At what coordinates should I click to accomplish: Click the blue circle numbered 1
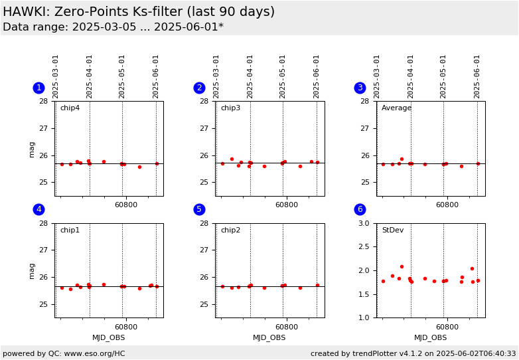coord(38,88)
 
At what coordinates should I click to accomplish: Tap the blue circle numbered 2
coord(199,88)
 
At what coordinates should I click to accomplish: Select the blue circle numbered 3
coord(360,88)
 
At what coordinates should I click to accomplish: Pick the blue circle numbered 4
coord(38,209)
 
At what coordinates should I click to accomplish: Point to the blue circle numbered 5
coord(199,209)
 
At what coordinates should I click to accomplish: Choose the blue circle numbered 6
coord(360,209)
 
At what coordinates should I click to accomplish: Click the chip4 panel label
coord(70,108)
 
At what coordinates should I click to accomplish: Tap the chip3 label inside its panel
coord(230,108)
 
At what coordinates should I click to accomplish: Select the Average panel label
coord(396,108)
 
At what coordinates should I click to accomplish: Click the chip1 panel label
coord(70,230)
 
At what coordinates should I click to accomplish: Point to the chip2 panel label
coord(230,230)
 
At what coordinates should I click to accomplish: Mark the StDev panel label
coord(392,230)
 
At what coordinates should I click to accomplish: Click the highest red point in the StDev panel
coord(402,266)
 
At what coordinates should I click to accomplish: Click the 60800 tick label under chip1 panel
coord(126,327)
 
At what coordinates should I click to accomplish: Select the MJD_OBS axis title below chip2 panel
coord(269,337)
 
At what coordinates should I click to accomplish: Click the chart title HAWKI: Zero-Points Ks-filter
coord(138,12)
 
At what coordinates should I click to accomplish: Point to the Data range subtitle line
coord(113,27)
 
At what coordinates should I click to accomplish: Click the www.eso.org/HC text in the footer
coord(93,353)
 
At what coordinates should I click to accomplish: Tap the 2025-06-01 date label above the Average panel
coord(477,76)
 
